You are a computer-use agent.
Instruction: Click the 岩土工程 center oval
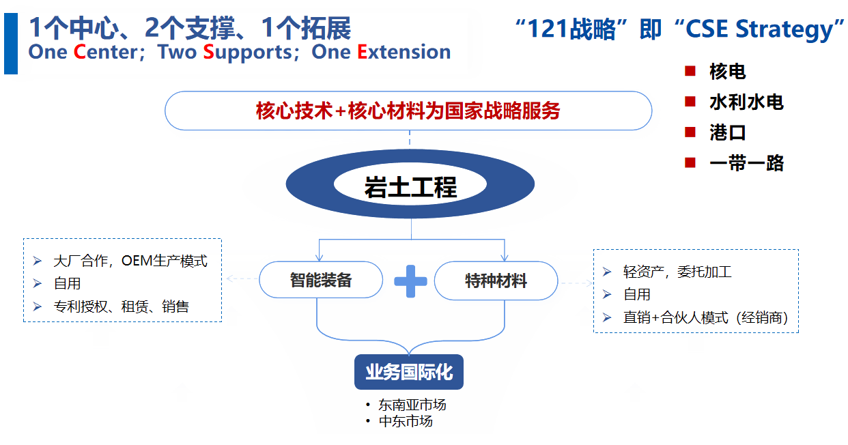point(410,186)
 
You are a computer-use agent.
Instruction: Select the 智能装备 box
point(321,280)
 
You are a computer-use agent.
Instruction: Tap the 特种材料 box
point(496,281)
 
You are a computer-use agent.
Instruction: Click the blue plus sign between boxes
point(410,281)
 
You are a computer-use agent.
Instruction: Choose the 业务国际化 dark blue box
point(408,373)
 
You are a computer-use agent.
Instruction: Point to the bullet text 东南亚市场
point(412,405)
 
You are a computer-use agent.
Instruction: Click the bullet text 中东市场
point(406,421)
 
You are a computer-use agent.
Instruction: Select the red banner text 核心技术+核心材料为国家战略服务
point(408,111)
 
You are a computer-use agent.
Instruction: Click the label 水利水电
point(746,102)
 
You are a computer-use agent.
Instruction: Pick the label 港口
point(728,132)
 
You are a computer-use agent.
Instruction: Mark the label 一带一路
point(746,163)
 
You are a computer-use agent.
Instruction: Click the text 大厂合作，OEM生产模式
point(130,261)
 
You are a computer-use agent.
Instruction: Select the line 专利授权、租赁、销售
point(121,306)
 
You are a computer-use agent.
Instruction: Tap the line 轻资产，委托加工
point(677,272)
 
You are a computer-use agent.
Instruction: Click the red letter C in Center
point(80,52)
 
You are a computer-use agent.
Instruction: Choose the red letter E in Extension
point(363,52)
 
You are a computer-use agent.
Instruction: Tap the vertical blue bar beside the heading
point(10,43)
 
